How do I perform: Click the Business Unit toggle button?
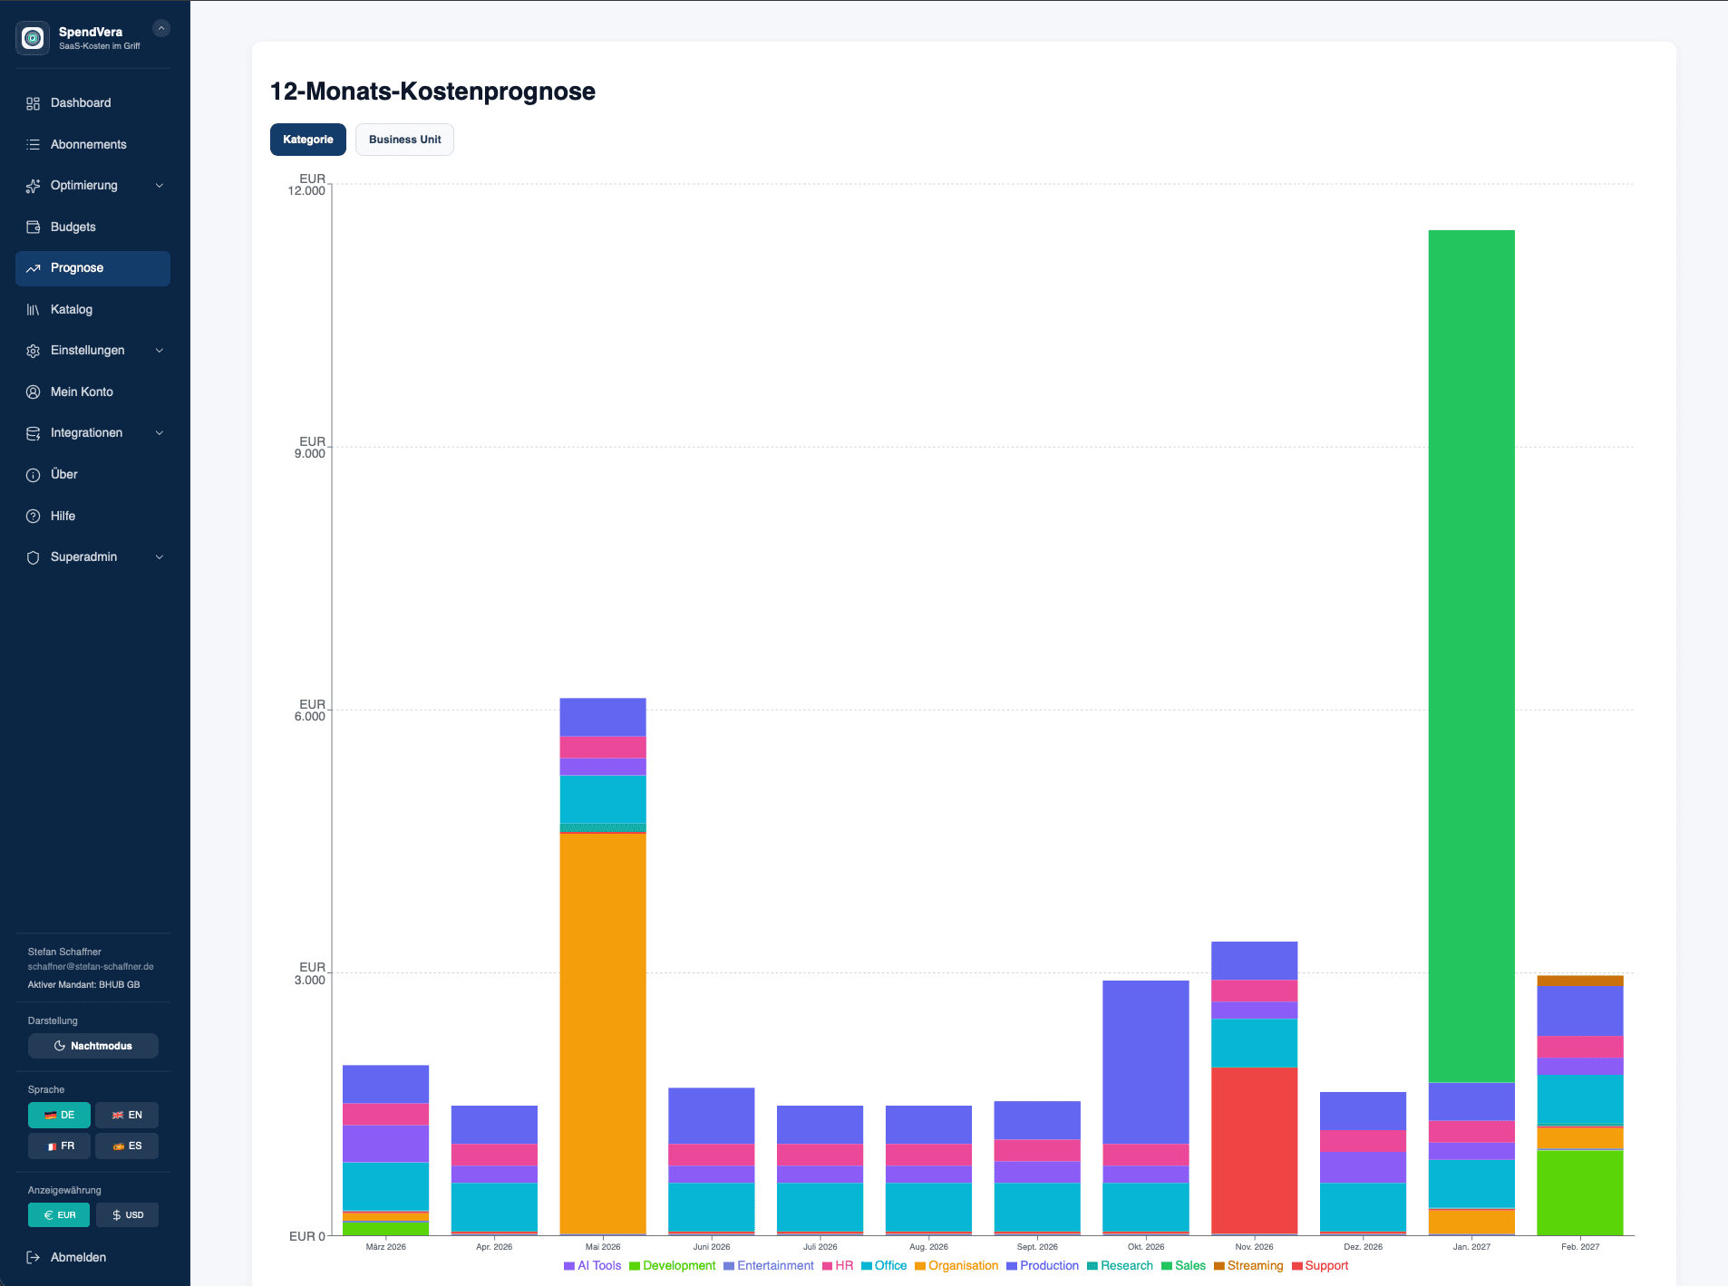click(x=404, y=140)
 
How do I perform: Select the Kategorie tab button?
click(x=307, y=140)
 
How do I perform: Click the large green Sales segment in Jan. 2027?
click(x=1471, y=653)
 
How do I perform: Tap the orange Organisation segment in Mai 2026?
click(x=602, y=1033)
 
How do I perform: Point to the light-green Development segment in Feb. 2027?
click(x=1579, y=1192)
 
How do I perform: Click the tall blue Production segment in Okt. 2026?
click(x=1145, y=1060)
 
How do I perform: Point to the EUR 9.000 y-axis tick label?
click(x=309, y=448)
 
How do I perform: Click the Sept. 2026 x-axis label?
click(x=1037, y=1247)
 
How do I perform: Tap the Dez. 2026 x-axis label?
click(x=1363, y=1247)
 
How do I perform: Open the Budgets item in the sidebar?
click(x=73, y=227)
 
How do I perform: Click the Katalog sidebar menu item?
click(x=72, y=309)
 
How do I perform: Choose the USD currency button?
click(x=128, y=1214)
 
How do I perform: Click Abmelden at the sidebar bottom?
click(x=78, y=1257)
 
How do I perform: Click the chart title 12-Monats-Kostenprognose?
click(x=432, y=92)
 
